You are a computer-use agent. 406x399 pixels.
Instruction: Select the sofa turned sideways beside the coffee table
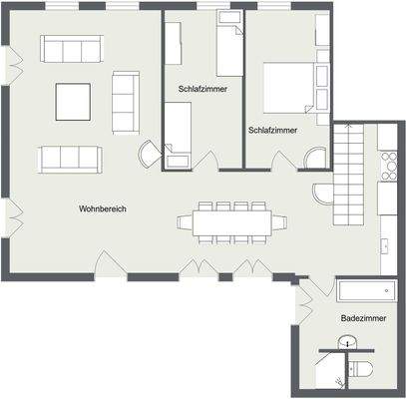[x=125, y=97]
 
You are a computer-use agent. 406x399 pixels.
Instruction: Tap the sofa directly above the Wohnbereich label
[x=70, y=158]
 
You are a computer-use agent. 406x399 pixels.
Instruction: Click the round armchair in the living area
[x=148, y=154]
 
